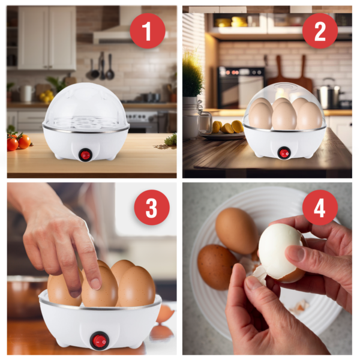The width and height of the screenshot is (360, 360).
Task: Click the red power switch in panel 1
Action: point(85,154)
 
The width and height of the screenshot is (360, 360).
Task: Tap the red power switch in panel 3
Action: point(99,341)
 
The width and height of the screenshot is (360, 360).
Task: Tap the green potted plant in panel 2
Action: point(193,78)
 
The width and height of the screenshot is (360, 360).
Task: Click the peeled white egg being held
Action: point(280,251)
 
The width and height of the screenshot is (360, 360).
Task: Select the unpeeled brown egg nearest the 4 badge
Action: point(236,229)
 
